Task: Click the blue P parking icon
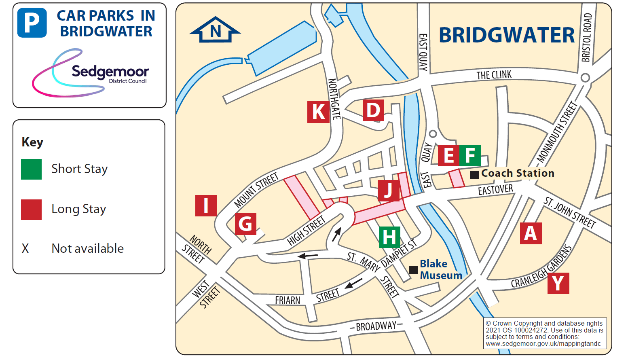tap(32, 23)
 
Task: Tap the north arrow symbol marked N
tap(215, 30)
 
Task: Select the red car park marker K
tap(318, 112)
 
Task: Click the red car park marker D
tap(373, 110)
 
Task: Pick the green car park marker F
tap(470, 155)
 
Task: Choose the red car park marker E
tap(448, 155)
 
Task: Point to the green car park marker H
tap(389, 237)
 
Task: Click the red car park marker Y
tap(558, 283)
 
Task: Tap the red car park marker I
tap(206, 205)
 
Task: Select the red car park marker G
tap(245, 224)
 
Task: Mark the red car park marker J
tap(388, 191)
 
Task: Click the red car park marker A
tap(531, 233)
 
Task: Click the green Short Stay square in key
tap(32, 169)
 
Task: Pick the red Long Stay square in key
tap(32, 210)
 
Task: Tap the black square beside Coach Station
tap(474, 175)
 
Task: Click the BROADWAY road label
tap(376, 326)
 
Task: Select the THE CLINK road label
tap(494, 75)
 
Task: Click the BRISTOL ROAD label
tap(587, 38)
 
